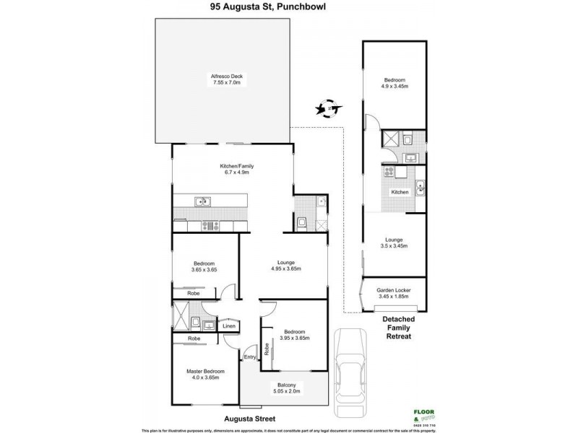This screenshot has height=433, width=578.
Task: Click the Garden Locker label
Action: point(393,293)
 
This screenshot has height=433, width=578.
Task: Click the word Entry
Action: point(249,357)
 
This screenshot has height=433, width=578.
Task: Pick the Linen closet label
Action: point(228,326)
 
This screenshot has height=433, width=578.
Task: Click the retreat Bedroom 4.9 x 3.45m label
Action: point(394,83)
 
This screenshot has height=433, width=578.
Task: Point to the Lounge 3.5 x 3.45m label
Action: point(393,242)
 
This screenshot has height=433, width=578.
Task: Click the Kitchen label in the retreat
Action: point(400,192)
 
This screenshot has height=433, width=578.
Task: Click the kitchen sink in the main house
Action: point(202,201)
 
